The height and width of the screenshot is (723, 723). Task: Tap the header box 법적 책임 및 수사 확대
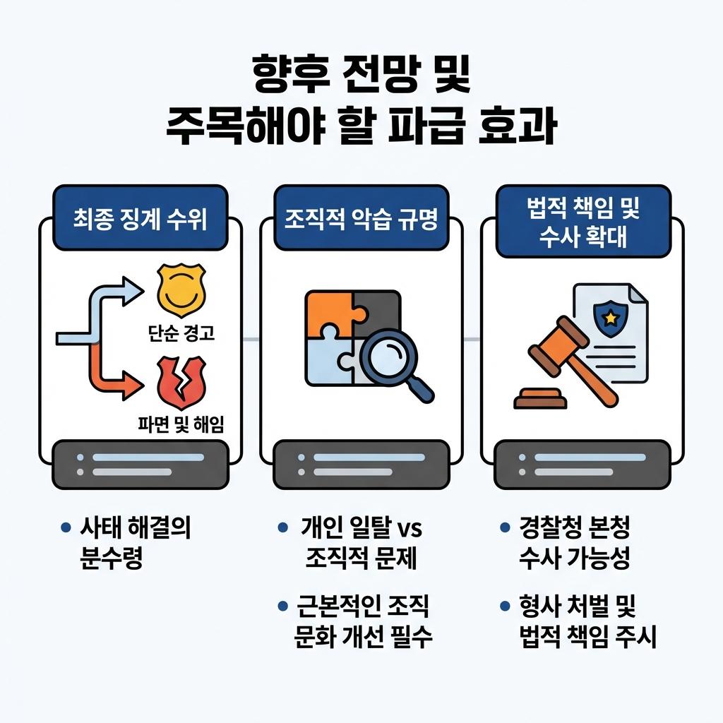[582, 222]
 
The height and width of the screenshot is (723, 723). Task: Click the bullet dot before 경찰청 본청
[504, 527]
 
